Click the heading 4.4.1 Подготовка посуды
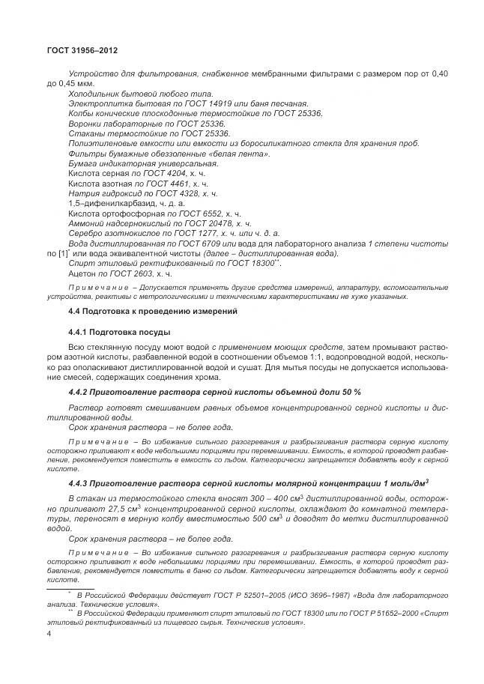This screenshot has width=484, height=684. [119, 332]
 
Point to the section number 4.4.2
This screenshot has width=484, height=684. [79, 392]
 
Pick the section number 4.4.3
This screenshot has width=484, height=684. [79, 482]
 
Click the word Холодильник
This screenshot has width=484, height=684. [92, 93]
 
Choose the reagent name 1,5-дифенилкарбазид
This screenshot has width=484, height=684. [107, 203]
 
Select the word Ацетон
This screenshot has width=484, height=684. [83, 274]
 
